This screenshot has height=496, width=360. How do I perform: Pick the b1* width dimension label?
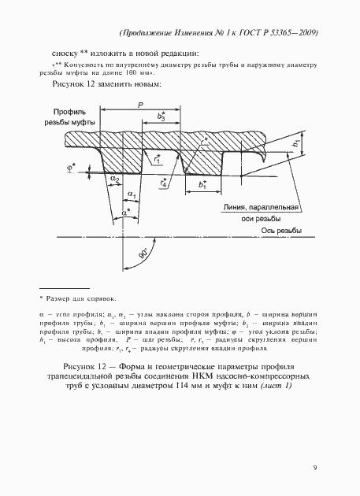[x=203, y=186]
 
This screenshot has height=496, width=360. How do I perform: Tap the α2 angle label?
[x=115, y=180]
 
